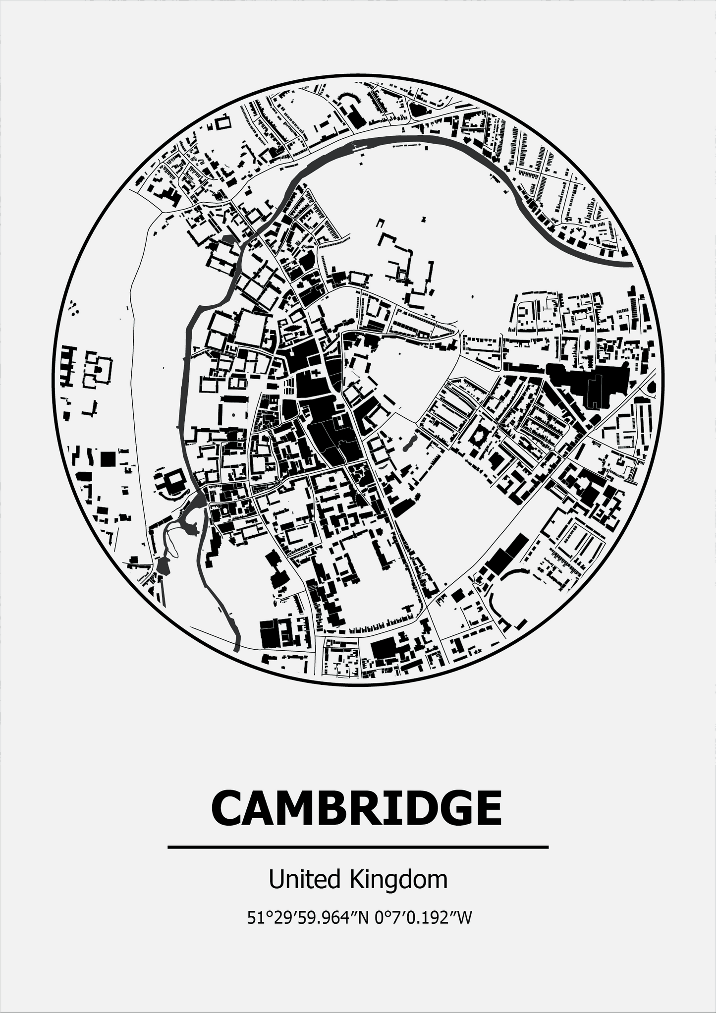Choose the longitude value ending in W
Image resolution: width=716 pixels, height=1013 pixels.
click(x=423, y=918)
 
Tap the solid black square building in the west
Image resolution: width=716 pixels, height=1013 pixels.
click(x=108, y=458)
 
